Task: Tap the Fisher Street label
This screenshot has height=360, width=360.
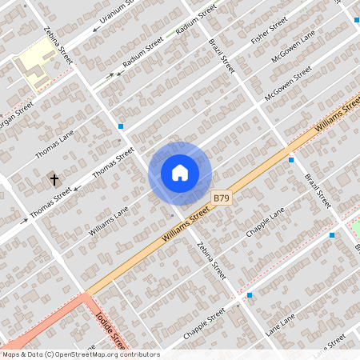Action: pos(270,33)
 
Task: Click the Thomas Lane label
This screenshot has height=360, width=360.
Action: pos(55,144)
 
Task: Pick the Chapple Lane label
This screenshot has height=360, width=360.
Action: pos(266,226)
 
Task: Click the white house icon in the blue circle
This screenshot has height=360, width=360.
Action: pos(180,173)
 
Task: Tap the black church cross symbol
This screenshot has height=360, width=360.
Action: pos(55,179)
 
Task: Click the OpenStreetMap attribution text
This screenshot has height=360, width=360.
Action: pos(81,354)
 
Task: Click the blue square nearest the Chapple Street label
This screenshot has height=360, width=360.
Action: pos(250,295)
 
